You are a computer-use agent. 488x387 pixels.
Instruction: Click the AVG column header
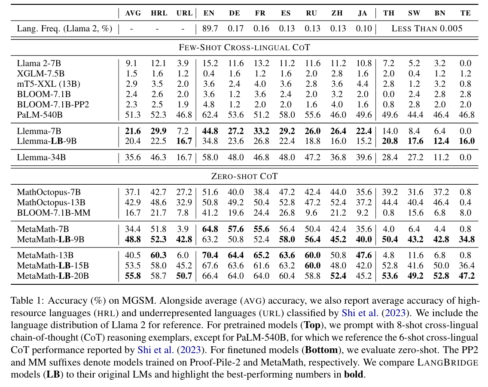tap(133, 13)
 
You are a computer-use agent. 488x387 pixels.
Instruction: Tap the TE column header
tap(466, 13)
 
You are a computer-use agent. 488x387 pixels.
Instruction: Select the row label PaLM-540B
tap(40, 115)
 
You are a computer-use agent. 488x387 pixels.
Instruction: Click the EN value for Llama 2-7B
tap(210, 63)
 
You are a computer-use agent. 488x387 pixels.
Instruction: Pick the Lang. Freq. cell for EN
tap(210, 28)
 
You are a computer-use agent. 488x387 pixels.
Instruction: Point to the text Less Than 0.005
tap(427, 28)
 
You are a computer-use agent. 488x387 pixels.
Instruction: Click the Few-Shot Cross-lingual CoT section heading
tap(244, 47)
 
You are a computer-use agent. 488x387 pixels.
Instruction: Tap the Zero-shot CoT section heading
tap(244, 176)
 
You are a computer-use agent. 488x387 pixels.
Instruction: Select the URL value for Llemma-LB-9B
tap(184, 141)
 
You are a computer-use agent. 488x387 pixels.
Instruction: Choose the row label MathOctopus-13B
tap(51, 202)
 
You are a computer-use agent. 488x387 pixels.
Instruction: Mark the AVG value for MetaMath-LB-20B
tap(133, 276)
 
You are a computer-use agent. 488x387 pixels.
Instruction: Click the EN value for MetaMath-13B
tap(210, 255)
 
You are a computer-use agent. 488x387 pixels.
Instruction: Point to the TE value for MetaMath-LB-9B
tap(467, 239)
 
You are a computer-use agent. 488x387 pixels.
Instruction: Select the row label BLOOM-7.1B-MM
tap(54, 213)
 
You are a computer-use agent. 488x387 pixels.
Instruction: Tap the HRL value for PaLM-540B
tap(159, 115)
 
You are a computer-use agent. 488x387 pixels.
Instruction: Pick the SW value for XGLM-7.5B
tap(414, 73)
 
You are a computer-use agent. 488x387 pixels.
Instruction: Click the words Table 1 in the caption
tap(27, 301)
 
